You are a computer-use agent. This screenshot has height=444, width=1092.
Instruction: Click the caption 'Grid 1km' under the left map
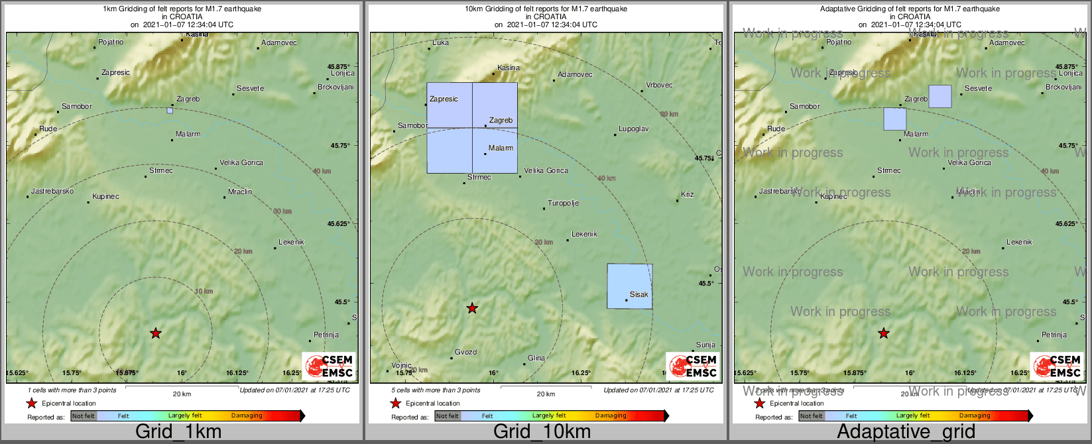tap(178, 432)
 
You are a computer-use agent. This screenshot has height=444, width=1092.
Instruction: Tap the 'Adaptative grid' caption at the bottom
tap(906, 432)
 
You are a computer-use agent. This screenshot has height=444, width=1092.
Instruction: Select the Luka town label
tap(440, 42)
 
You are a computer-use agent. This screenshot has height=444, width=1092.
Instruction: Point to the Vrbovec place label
tap(659, 85)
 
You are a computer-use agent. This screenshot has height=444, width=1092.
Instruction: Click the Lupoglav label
tap(633, 129)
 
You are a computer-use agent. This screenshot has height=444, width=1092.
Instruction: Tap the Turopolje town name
tap(563, 203)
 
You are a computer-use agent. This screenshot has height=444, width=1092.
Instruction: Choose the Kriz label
tap(687, 194)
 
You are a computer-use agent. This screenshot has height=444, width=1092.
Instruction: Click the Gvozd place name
tap(465, 353)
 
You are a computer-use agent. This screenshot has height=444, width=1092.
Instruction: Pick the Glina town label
tap(536, 359)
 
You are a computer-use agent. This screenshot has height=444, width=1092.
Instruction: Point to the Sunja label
tap(705, 345)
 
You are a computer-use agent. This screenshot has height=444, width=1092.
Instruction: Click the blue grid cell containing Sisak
tap(629, 286)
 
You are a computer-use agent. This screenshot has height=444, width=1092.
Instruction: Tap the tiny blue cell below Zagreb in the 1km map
tap(170, 111)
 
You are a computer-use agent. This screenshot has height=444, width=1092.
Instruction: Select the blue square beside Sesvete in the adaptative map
tap(940, 96)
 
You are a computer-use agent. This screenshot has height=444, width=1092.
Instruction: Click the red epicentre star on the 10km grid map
tap(472, 308)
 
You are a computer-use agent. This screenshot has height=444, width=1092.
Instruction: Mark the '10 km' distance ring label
tap(204, 292)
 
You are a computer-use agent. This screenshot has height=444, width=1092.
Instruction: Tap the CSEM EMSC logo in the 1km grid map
tap(329, 366)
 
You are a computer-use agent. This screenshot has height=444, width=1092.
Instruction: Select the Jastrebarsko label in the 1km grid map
tap(52, 191)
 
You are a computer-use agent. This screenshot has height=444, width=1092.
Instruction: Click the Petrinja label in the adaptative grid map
tap(1054, 335)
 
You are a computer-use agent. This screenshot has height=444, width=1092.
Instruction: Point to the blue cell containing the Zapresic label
tap(450, 105)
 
